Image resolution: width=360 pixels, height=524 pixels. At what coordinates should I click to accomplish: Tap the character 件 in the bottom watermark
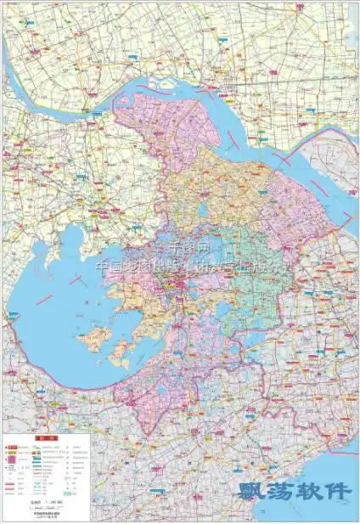click(x=337, y=492)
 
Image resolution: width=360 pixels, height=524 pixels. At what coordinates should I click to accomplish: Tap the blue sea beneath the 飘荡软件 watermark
click(x=314, y=510)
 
